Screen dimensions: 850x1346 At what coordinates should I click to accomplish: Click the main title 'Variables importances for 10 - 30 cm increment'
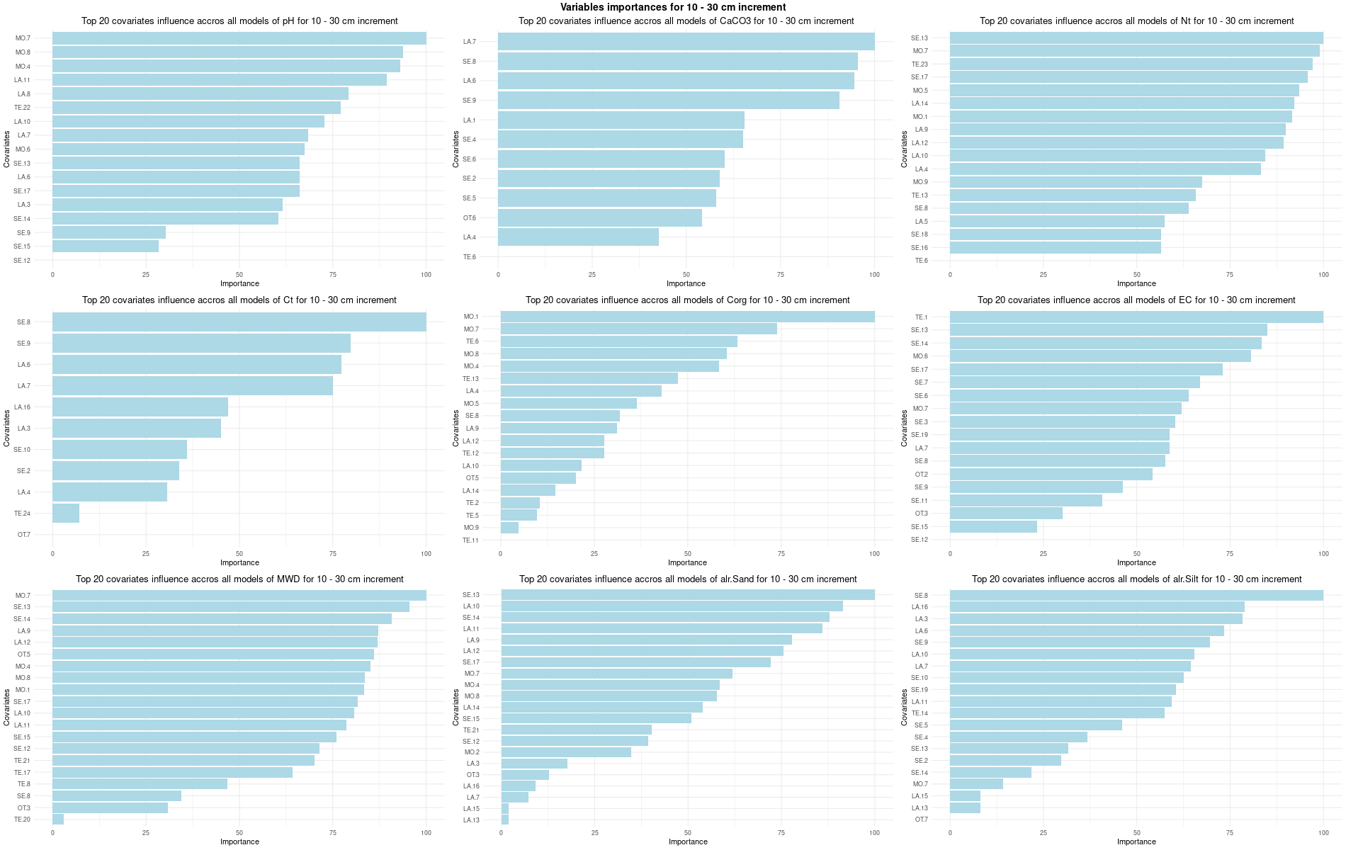click(672, 7)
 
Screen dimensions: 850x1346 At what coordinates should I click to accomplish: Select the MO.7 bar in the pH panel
click(239, 38)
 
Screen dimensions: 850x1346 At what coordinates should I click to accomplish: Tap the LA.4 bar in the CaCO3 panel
click(577, 237)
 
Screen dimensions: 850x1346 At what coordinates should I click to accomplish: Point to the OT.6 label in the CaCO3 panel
click(469, 218)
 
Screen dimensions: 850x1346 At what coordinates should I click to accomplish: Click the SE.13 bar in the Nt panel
click(1136, 38)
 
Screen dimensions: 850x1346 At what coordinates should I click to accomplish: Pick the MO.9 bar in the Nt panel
click(1075, 182)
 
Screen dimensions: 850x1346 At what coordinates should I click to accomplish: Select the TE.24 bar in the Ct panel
click(65, 514)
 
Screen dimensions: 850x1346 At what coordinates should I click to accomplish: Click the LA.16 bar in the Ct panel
click(140, 407)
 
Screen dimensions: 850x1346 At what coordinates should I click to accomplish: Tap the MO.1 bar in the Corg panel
click(686, 317)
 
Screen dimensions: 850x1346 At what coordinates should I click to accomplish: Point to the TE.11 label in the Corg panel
click(470, 540)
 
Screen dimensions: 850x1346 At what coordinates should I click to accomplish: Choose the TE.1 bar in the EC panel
click(1136, 317)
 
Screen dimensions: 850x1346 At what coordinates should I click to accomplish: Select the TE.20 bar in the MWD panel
click(57, 820)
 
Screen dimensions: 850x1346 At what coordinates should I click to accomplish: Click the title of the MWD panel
click(239, 579)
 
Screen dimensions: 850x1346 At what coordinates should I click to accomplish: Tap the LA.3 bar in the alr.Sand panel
click(533, 764)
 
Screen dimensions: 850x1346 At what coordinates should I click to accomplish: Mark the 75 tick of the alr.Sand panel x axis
click(781, 833)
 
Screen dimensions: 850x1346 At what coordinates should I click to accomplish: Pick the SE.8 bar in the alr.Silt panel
click(1136, 596)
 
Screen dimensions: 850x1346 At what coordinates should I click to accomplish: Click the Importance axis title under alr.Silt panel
click(1136, 842)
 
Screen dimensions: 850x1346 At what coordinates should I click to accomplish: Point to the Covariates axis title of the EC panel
click(905, 428)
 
